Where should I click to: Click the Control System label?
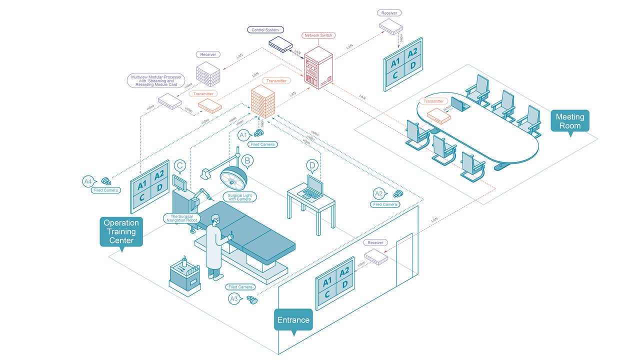pyautogui.click(x=265, y=30)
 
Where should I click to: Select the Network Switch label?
pyautogui.click(x=318, y=35)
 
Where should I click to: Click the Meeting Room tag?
pyautogui.click(x=569, y=121)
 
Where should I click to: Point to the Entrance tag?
pyautogui.click(x=293, y=320)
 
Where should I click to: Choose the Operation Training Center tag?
pyautogui.click(x=121, y=231)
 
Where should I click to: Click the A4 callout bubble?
pyautogui.click(x=88, y=182)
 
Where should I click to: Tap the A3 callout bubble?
pyautogui.click(x=234, y=298)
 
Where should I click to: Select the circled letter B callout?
pyautogui.click(x=247, y=160)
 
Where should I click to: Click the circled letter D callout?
pyautogui.click(x=312, y=165)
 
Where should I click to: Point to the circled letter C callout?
pyautogui.click(x=180, y=166)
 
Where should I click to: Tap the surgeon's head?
pyautogui.click(x=215, y=220)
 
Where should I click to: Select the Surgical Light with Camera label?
pyautogui.click(x=240, y=197)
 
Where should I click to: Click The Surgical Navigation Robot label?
pyautogui.click(x=181, y=218)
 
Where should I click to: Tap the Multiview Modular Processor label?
pyautogui.click(x=156, y=80)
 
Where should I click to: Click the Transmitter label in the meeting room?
pyautogui.click(x=433, y=101)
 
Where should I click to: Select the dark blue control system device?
pyautogui.click(x=280, y=44)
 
